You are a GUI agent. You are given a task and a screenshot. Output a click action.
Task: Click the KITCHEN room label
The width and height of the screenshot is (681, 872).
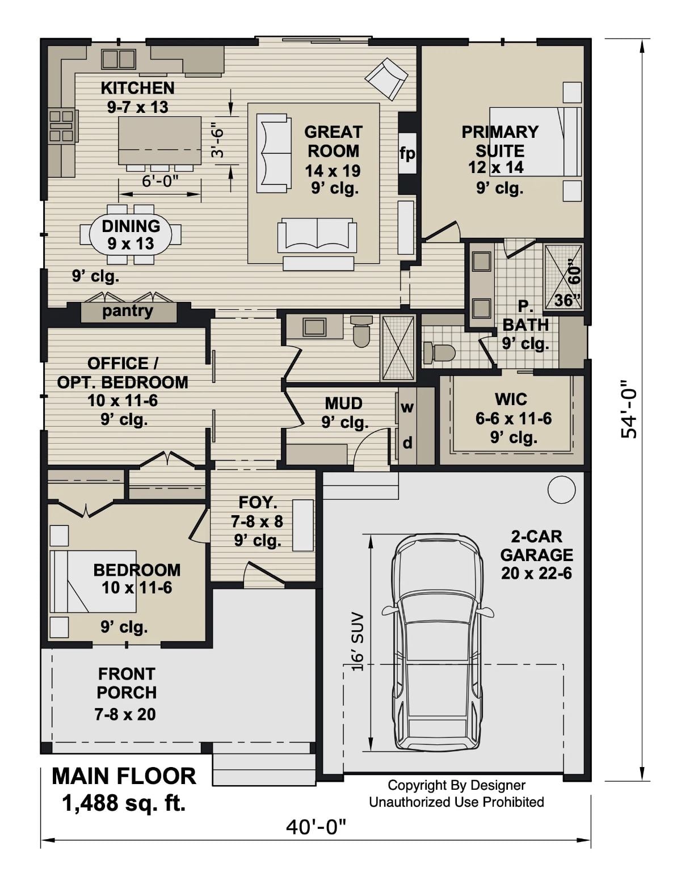137,88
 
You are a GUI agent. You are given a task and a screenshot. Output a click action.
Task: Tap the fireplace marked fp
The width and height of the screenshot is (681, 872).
407,153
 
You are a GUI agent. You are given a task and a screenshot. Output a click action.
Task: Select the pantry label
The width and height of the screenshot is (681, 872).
128,311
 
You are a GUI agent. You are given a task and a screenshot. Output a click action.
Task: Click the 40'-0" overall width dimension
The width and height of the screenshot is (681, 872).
316,827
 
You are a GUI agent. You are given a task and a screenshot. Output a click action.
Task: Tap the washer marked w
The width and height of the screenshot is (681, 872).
407,407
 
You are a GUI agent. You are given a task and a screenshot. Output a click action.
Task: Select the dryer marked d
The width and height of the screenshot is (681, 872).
407,443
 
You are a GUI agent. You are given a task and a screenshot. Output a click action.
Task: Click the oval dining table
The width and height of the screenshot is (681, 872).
131,234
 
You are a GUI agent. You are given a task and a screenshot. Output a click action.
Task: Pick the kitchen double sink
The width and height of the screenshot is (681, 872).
118,59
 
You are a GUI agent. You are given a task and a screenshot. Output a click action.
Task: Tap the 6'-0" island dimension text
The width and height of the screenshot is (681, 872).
160,181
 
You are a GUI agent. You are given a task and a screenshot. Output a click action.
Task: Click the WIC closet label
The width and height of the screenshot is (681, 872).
511,399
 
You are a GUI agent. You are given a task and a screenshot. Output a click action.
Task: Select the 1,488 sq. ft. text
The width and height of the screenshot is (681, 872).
124,803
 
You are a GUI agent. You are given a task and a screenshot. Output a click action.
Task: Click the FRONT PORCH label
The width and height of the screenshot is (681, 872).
127,683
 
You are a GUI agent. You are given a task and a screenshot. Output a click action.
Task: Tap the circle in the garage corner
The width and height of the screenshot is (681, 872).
561,489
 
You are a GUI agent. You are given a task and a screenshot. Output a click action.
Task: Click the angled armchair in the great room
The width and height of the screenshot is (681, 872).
386,78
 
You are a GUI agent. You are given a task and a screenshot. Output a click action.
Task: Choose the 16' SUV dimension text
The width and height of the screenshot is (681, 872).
357,642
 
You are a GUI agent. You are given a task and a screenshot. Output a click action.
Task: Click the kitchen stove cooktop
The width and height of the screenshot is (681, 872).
62,126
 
